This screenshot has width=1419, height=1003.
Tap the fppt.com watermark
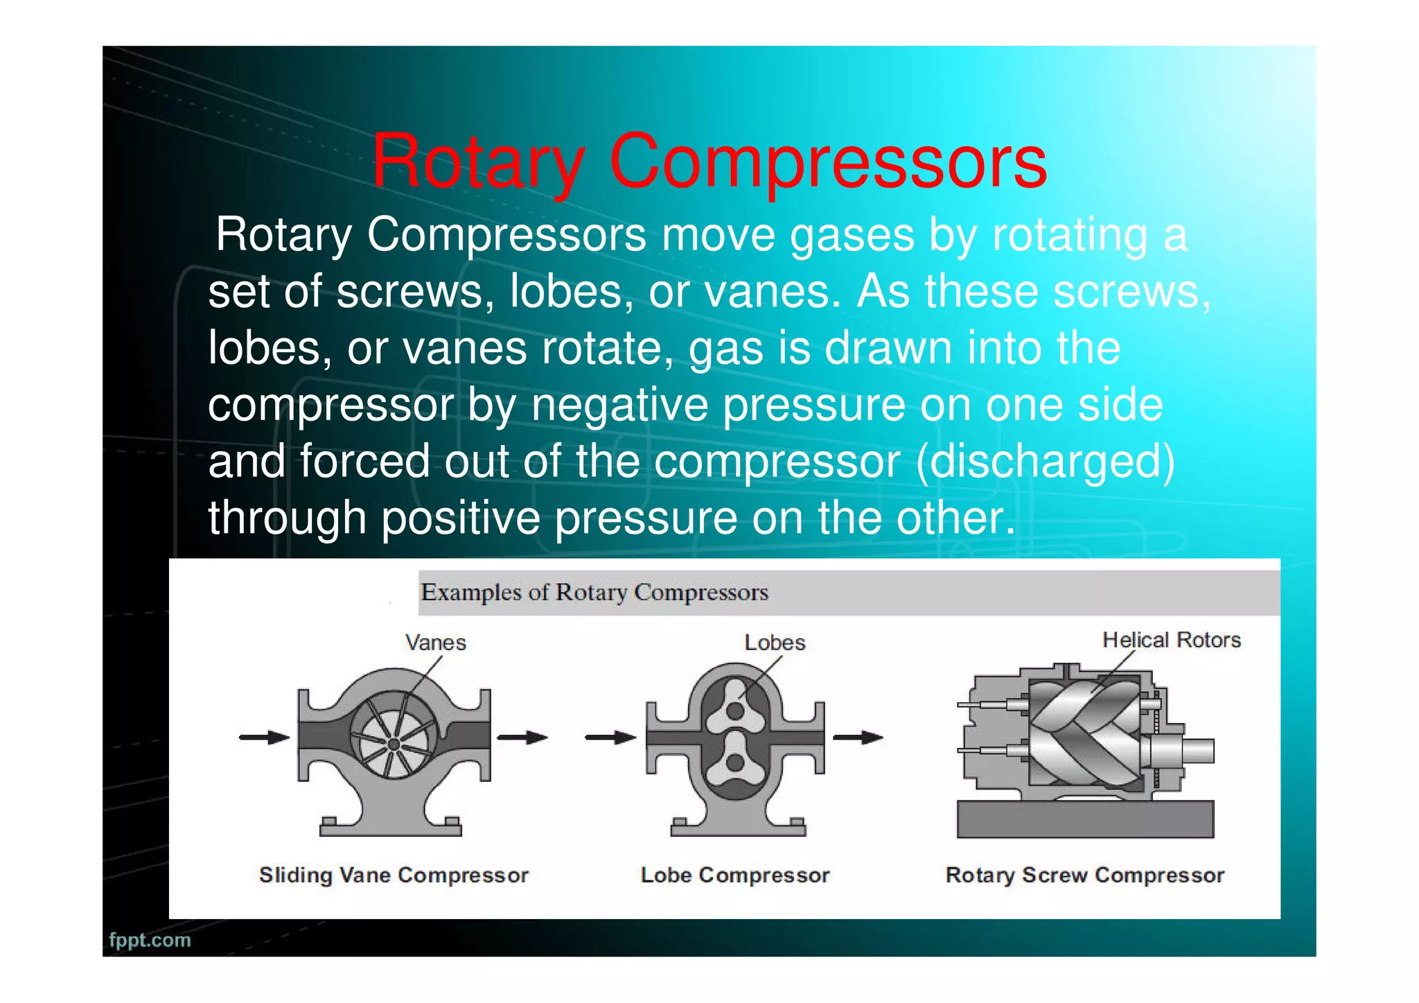(150, 940)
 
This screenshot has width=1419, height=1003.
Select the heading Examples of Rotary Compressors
(594, 593)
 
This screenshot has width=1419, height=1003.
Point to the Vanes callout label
(435, 643)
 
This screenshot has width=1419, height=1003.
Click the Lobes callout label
(775, 643)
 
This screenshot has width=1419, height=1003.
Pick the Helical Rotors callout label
(1171, 640)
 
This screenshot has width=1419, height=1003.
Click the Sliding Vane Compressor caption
(394, 875)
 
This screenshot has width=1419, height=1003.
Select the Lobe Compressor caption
(734, 875)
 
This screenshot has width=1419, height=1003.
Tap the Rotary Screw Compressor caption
(1084, 875)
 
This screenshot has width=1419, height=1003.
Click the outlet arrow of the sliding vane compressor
(522, 737)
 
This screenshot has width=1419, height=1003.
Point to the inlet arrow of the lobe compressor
(610, 738)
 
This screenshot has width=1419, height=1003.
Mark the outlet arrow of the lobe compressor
(858, 738)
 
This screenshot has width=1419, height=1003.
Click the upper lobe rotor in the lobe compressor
(735, 710)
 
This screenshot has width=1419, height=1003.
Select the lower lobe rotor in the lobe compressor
(735, 762)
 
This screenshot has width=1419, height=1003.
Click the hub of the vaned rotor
(394, 744)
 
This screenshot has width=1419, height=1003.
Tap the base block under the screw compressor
(1084, 819)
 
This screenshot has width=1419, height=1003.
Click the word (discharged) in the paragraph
(1046, 461)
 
